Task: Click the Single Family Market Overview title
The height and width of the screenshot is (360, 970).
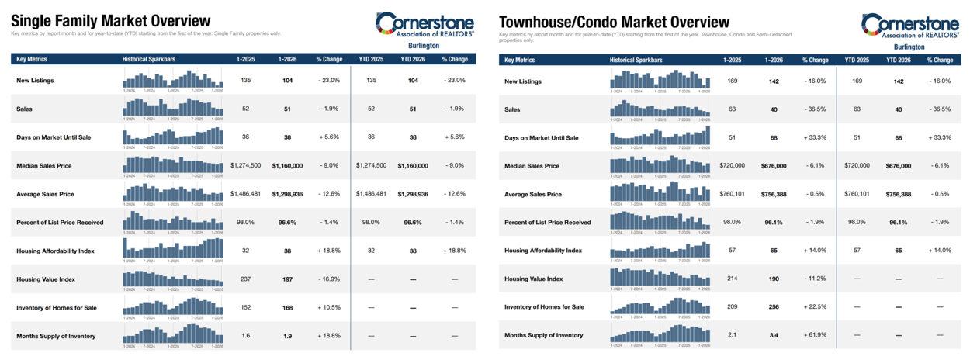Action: coord(110,21)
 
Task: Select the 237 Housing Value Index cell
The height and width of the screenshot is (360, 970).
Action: coord(245,279)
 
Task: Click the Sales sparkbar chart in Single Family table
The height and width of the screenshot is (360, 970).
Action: coord(172,108)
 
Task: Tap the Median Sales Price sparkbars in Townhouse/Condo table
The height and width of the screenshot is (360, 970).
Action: coord(660,165)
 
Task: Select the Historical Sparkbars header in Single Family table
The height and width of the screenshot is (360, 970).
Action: coord(148,60)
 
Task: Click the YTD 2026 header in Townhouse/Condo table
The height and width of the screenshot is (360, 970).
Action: coord(898,60)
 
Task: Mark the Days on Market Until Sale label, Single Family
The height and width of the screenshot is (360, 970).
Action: coord(54,137)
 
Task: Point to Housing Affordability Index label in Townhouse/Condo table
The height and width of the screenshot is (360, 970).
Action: coord(543,251)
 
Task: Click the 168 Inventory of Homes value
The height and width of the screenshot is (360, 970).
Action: coord(287,308)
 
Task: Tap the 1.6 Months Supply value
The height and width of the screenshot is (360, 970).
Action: coord(245,336)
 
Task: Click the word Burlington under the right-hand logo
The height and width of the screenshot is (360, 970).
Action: coord(910,47)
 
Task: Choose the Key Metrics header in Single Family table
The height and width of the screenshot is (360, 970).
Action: coord(32,60)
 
